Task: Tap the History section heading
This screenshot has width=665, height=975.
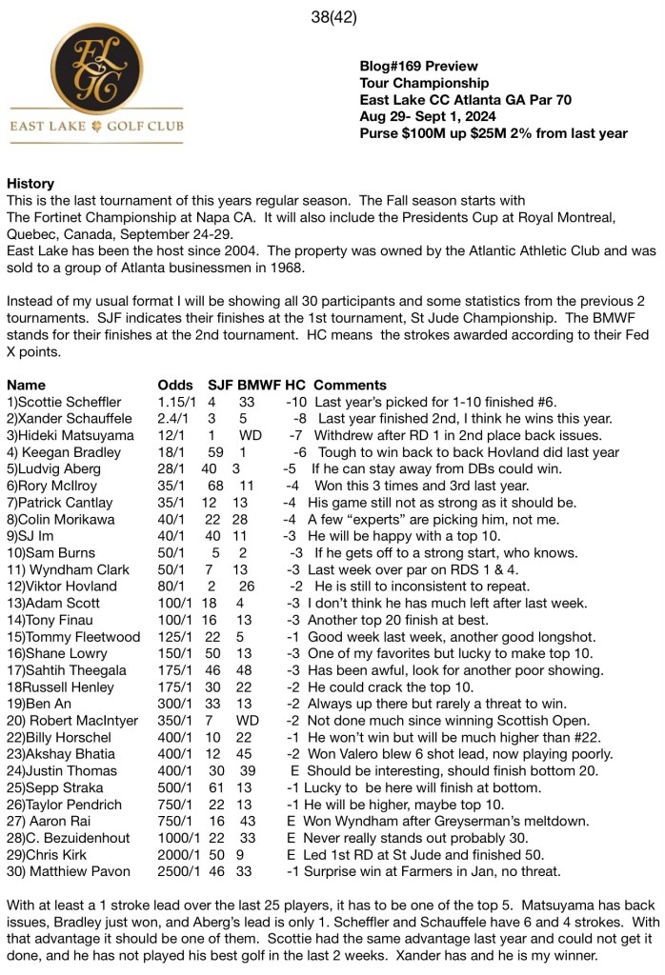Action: [x=30, y=183]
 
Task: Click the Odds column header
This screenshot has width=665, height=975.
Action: [x=175, y=385]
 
